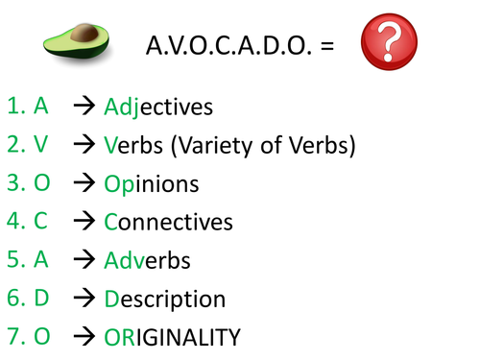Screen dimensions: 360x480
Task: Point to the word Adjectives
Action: click(x=158, y=107)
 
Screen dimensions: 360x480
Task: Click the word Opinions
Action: click(x=152, y=184)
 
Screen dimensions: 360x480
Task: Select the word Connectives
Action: click(x=168, y=223)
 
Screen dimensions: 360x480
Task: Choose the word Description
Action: click(x=165, y=299)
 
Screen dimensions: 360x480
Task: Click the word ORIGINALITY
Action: click(x=172, y=337)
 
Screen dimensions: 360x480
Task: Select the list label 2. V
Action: click(x=28, y=145)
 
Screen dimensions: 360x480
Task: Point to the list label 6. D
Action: click(x=28, y=299)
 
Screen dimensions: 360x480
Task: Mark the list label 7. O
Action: click(x=28, y=337)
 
